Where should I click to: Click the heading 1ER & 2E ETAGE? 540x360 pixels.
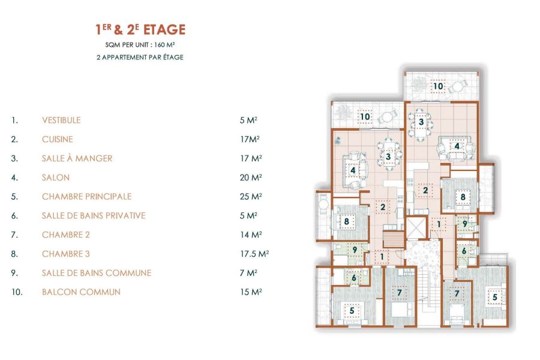click(x=140, y=29)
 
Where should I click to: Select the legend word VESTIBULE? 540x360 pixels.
click(x=61, y=120)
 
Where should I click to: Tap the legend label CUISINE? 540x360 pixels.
click(x=58, y=139)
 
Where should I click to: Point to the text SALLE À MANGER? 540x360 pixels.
click(x=77, y=158)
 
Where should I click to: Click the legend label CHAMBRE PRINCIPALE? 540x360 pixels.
click(x=86, y=196)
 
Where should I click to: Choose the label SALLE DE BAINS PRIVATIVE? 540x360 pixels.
click(x=94, y=215)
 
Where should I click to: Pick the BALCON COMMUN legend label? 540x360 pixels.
click(x=81, y=292)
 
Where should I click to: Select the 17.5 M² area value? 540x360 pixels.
click(x=254, y=254)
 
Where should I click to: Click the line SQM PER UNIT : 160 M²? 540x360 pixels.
click(x=140, y=46)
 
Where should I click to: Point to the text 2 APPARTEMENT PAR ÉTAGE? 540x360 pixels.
click(x=140, y=58)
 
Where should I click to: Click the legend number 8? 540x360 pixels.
click(x=14, y=254)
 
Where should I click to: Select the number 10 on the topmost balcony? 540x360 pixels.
click(x=438, y=86)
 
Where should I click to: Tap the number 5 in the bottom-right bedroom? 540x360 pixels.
click(x=495, y=296)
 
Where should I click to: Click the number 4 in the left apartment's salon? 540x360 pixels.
click(x=353, y=170)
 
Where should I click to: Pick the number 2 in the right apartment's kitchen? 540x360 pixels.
click(x=425, y=191)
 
